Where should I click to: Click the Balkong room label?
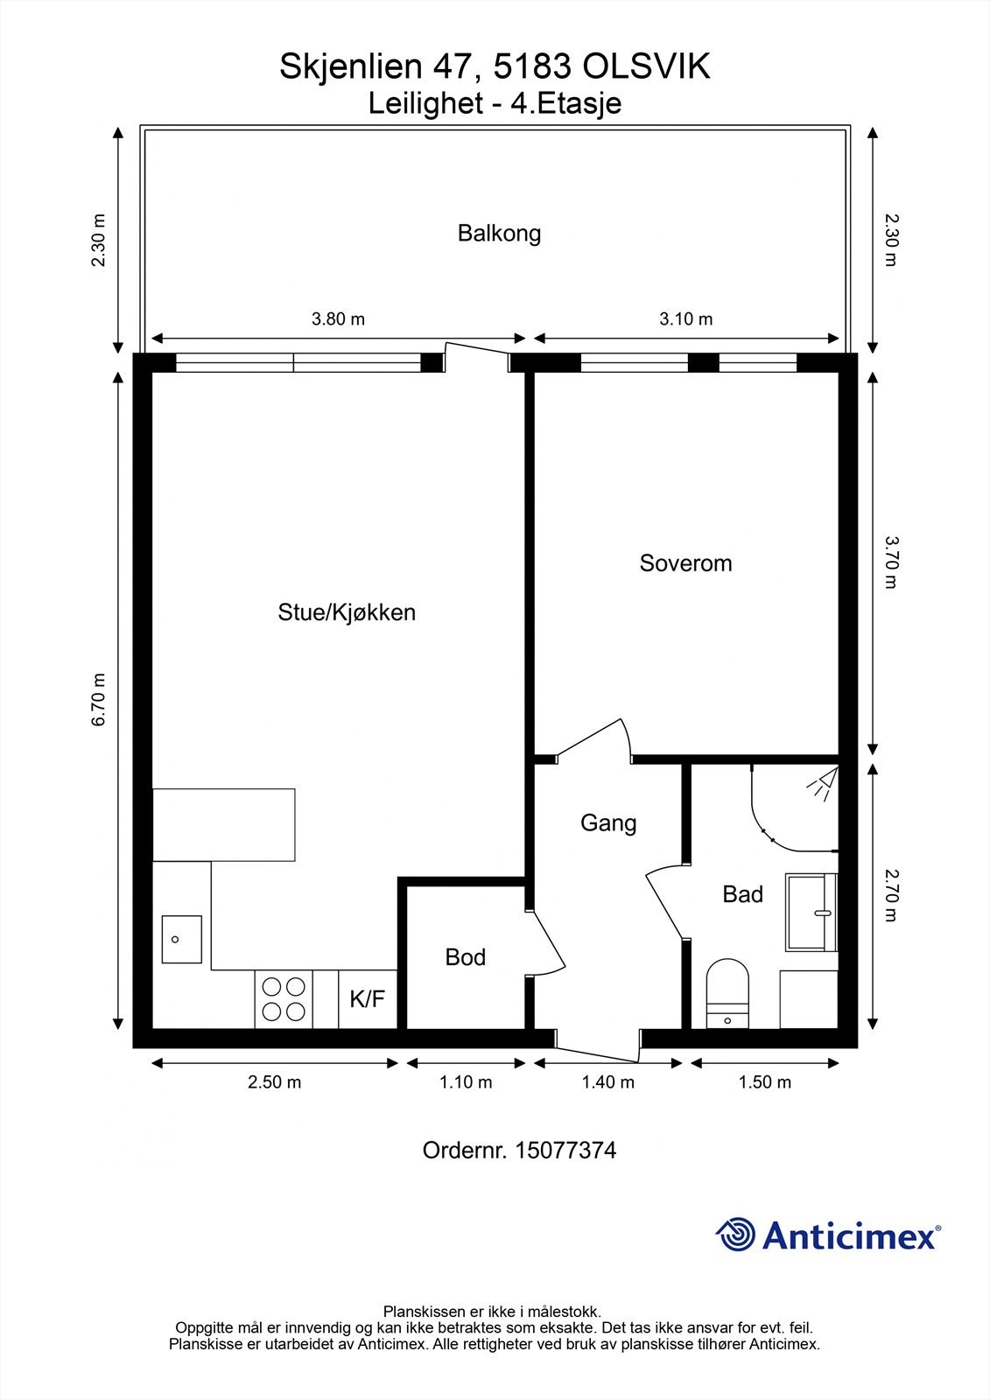click(x=499, y=234)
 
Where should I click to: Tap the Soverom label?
click(x=685, y=563)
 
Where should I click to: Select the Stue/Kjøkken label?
click(x=347, y=612)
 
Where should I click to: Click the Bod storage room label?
click(x=465, y=957)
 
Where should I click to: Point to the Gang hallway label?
click(x=608, y=822)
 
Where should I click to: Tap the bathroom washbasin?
click(x=811, y=913)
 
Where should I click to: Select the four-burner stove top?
click(x=284, y=998)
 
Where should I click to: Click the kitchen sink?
click(x=181, y=940)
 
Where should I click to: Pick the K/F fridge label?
click(x=368, y=998)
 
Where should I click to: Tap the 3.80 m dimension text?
click(x=338, y=318)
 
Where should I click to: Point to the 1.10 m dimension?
click(x=466, y=1082)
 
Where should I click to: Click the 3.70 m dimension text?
click(x=890, y=562)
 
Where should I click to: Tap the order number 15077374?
click(x=565, y=1150)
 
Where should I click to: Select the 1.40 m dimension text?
click(x=607, y=1082)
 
